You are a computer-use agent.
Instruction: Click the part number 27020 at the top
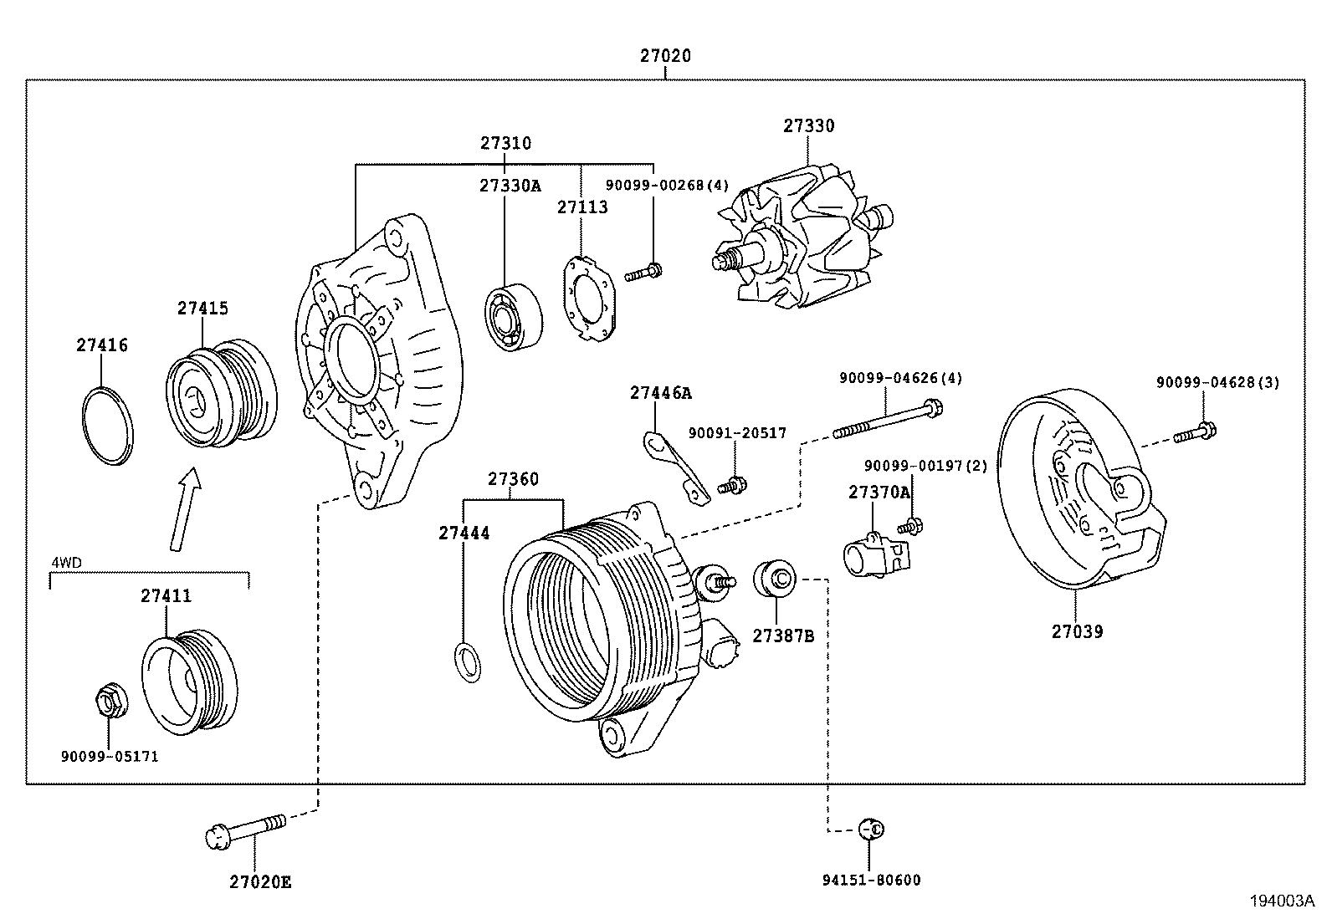pos(665,56)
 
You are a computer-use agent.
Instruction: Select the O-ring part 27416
pos(108,426)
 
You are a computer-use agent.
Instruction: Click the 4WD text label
pos(67,563)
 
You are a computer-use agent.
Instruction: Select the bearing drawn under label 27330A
pos(513,318)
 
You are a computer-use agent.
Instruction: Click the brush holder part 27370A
pos(874,557)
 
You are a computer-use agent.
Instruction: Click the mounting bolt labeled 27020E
pos(245,829)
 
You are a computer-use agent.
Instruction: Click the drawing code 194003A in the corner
pos(1283,901)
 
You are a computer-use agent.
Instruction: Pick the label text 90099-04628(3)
pos(1217,383)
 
